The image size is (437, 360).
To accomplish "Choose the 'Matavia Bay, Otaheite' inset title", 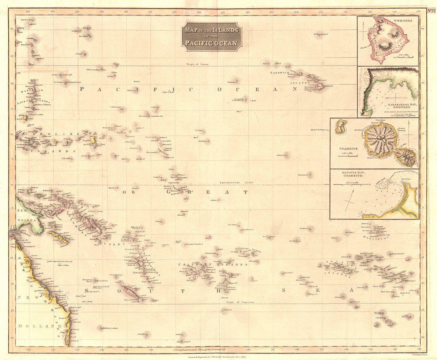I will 353,174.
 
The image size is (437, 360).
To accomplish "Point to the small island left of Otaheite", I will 340,127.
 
